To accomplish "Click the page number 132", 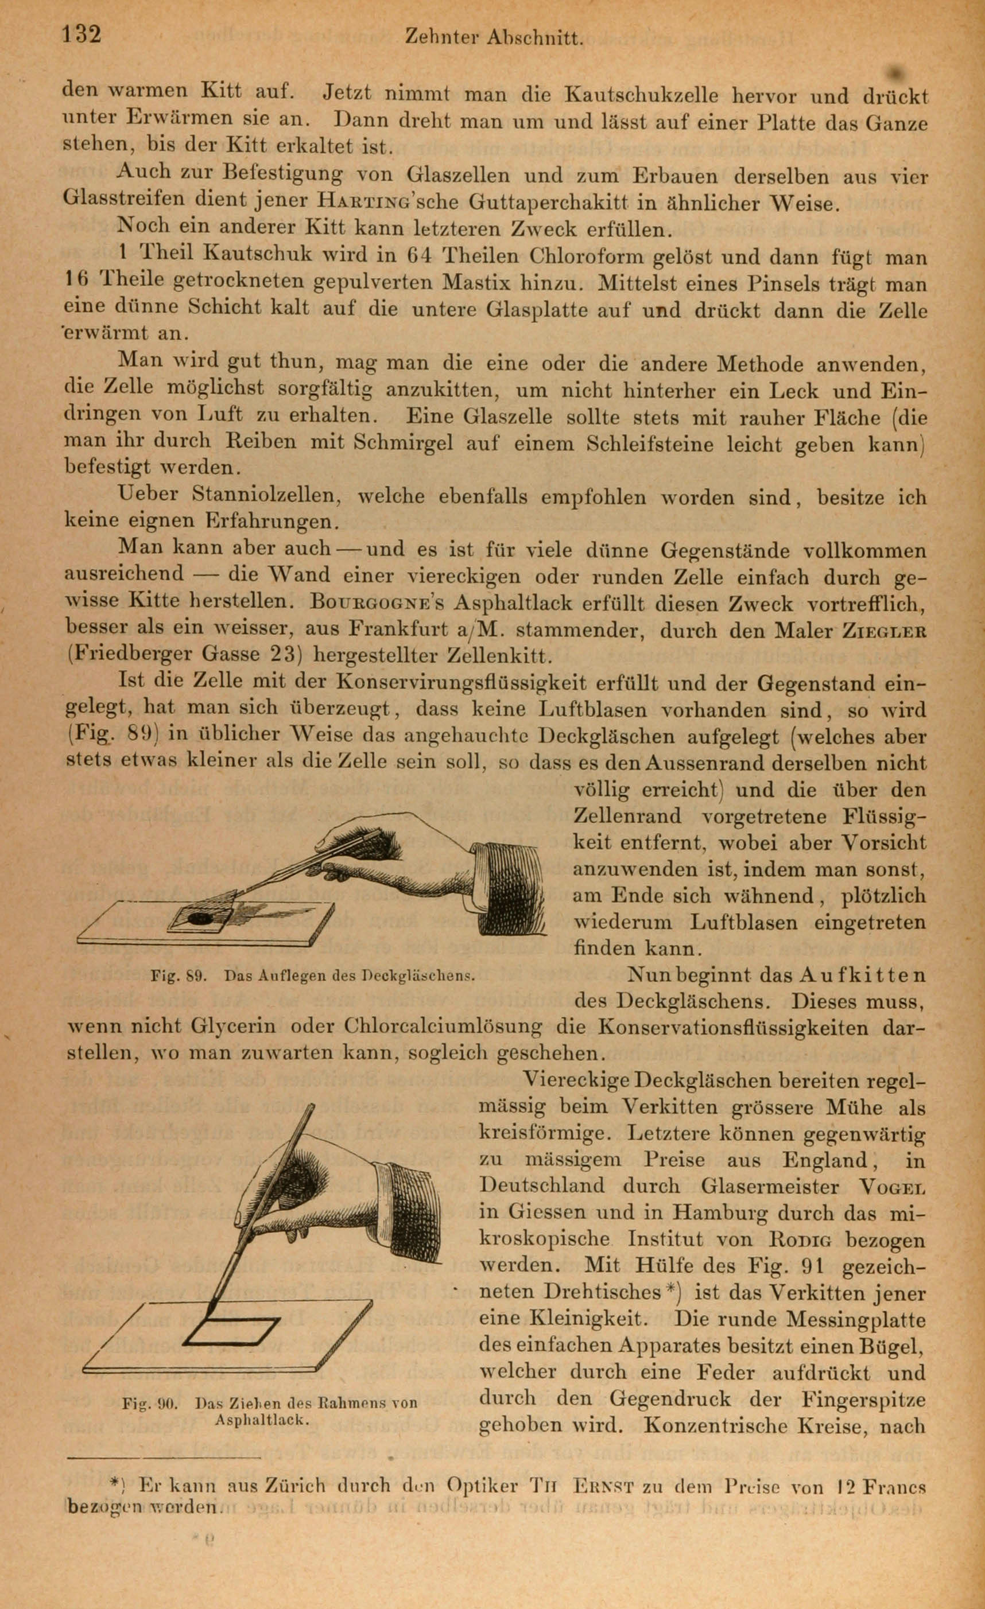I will pyautogui.click(x=82, y=33).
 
